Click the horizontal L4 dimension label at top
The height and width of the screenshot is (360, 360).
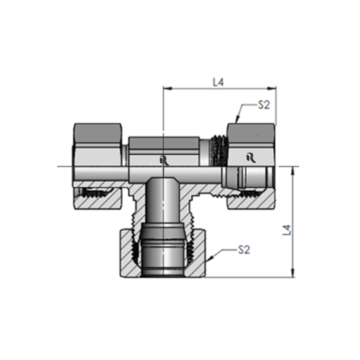[x=219, y=82]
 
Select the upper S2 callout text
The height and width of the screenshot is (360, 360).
[x=264, y=106]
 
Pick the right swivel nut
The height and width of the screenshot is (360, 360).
[x=251, y=144]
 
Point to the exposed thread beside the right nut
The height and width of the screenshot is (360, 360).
[x=219, y=151]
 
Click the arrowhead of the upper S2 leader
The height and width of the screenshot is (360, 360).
[x=238, y=120]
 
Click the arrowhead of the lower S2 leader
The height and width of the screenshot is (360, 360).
[x=206, y=259]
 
